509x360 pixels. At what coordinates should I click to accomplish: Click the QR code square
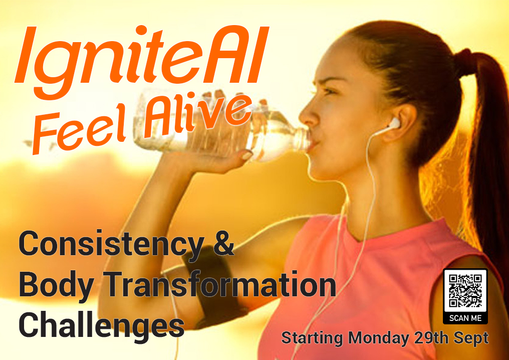click(x=465, y=291)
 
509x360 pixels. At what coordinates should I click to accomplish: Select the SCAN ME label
click(x=465, y=318)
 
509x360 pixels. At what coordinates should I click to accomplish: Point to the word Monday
click(x=379, y=338)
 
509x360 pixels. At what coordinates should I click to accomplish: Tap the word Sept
click(x=471, y=338)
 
